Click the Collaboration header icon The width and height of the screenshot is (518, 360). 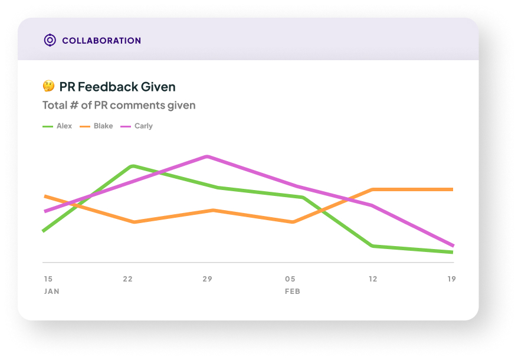50,40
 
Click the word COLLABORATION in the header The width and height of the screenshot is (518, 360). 101,41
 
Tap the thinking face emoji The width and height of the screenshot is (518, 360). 48,86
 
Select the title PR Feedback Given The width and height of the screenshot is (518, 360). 117,87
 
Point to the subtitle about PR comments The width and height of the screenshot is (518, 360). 119,105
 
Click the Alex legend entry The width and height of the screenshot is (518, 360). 58,126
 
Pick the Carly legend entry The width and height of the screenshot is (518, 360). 137,126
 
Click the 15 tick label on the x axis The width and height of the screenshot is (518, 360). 48,279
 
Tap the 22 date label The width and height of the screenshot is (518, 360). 127,279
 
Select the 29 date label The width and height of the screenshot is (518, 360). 207,279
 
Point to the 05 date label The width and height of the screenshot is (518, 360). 290,279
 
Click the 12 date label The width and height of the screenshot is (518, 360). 372,279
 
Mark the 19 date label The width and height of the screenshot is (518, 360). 451,279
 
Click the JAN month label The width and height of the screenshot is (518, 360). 51,292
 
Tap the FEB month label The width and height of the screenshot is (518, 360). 293,292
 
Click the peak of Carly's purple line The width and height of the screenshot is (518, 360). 206,156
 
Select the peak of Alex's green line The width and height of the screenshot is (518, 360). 133,166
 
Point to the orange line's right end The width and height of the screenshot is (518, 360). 452,189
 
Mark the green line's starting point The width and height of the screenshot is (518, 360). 44,231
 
